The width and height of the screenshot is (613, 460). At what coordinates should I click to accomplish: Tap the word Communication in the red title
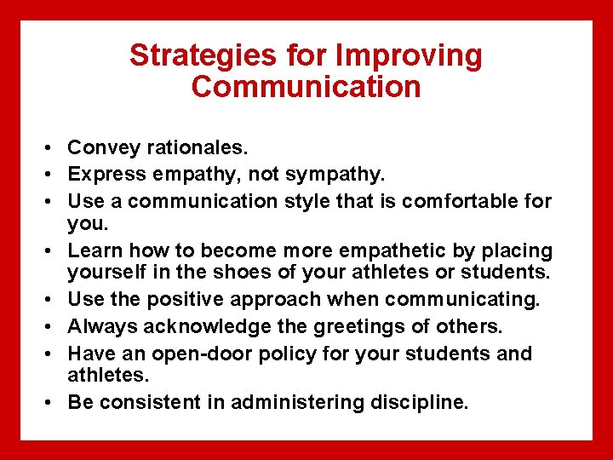(306, 87)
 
